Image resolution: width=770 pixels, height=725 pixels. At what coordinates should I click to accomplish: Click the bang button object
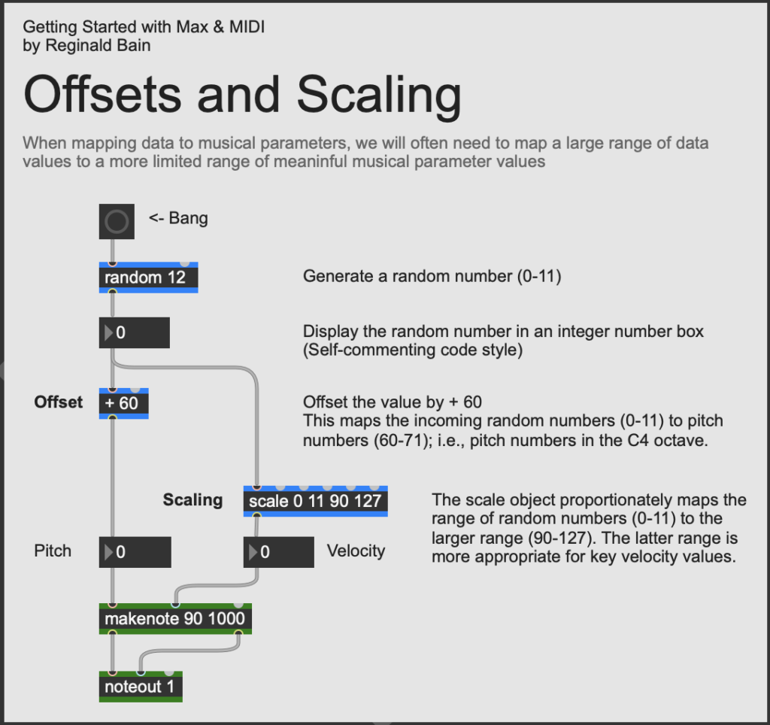(x=117, y=222)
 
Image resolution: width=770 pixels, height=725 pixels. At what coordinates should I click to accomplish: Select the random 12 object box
(x=148, y=278)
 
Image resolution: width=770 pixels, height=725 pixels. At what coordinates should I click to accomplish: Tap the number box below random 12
(x=134, y=332)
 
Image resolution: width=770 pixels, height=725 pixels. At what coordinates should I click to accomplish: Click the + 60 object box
(x=124, y=403)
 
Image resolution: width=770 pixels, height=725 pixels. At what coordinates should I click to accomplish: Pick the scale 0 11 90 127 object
(x=315, y=501)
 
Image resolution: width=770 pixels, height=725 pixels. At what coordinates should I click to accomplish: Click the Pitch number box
(x=135, y=552)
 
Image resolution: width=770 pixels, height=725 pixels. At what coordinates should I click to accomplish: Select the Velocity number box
(x=278, y=552)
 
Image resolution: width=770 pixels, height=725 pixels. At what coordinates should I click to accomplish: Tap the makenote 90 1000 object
(x=175, y=618)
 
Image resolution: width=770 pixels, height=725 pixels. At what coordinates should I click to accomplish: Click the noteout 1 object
(x=141, y=686)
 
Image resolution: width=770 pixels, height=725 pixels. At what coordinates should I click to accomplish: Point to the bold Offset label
(x=59, y=402)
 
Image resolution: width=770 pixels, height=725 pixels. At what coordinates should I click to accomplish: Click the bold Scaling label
(x=192, y=500)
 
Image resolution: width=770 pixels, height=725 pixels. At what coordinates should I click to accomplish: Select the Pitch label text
(x=53, y=551)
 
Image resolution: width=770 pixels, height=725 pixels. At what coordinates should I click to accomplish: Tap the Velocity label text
(x=356, y=551)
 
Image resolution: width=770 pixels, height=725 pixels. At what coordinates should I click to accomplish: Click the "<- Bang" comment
(x=178, y=218)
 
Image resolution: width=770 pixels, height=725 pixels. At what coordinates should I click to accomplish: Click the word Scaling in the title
(x=379, y=96)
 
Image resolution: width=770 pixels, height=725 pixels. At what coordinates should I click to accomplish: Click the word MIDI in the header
(x=247, y=26)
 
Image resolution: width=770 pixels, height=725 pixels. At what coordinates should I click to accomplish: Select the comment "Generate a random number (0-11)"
(x=432, y=276)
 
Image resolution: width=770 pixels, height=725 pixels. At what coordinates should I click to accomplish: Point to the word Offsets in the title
(x=102, y=94)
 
